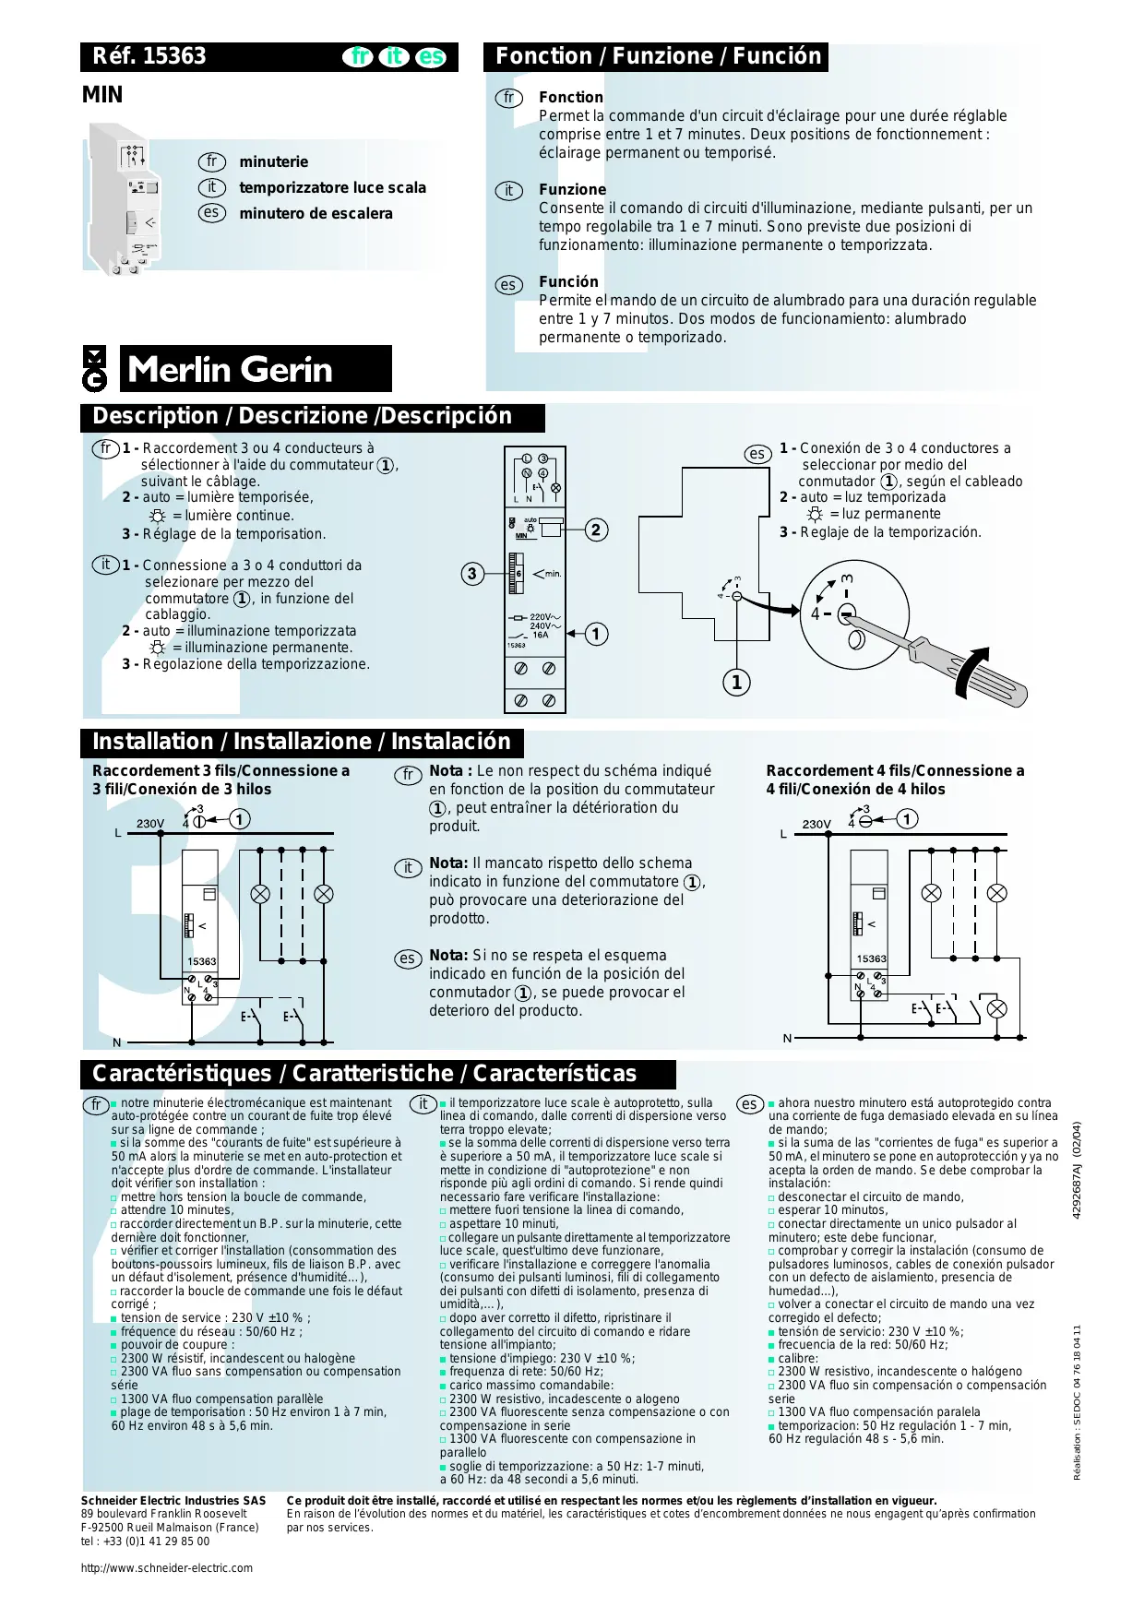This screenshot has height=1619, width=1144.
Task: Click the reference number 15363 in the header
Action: (x=174, y=56)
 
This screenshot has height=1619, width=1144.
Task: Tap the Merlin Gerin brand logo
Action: (x=231, y=369)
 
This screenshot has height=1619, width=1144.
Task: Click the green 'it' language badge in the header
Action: (x=394, y=57)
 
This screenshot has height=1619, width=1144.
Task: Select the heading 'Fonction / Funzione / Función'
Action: (x=658, y=56)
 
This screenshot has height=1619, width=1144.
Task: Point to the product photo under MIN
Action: (x=125, y=199)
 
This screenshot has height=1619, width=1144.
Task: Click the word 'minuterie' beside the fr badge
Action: (x=273, y=161)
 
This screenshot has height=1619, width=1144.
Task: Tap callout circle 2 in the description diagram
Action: (x=596, y=530)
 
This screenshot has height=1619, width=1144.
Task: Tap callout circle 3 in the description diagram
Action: (x=472, y=574)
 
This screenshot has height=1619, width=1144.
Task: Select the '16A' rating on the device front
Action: (x=540, y=635)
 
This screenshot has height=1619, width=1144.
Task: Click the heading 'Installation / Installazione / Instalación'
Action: (x=301, y=742)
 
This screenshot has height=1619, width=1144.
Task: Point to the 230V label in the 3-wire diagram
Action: (x=150, y=823)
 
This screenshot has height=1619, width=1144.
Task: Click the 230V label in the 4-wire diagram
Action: (x=816, y=824)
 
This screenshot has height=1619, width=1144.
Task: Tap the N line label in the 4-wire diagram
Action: (x=787, y=1038)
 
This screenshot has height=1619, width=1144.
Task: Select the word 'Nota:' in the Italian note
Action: (x=448, y=863)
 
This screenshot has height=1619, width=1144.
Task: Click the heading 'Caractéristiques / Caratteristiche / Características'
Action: (x=363, y=1074)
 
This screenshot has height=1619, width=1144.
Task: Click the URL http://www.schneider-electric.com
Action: (x=167, y=1567)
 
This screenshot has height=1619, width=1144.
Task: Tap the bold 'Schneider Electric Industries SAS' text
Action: (x=173, y=1501)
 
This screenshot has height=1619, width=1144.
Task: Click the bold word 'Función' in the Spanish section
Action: (x=568, y=281)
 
